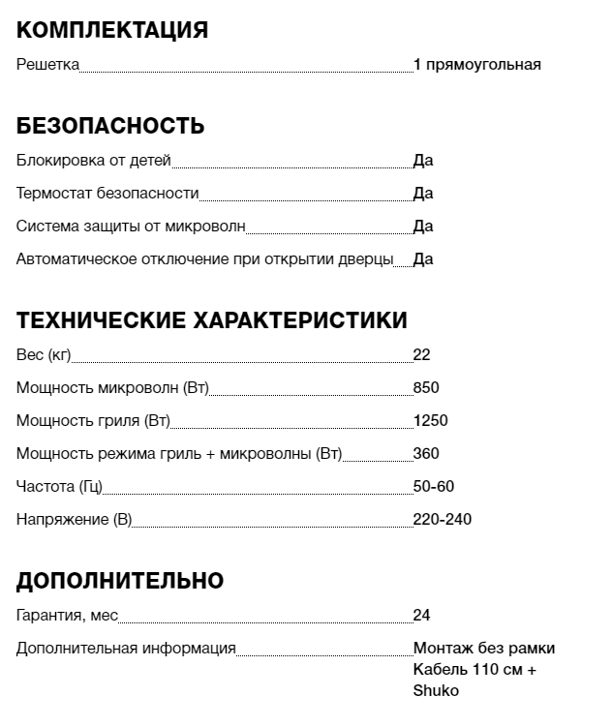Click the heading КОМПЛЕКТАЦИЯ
tap(112, 30)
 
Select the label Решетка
tap(47, 65)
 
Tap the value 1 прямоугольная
tap(476, 65)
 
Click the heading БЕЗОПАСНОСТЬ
tap(110, 126)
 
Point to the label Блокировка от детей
tap(94, 161)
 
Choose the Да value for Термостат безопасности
tap(423, 194)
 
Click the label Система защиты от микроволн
tap(131, 227)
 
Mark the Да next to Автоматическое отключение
tap(423, 259)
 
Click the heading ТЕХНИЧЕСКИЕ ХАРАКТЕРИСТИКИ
tap(212, 320)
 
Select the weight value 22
tap(421, 355)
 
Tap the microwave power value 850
tap(426, 388)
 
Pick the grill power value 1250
tap(430, 421)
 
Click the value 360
tap(426, 454)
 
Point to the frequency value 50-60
tap(433, 487)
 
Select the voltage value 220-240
tap(442, 520)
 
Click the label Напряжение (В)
tap(74, 520)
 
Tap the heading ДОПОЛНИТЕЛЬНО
tap(120, 581)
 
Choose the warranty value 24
tap(421, 616)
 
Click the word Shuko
tap(436, 691)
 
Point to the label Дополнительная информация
tap(126, 649)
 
